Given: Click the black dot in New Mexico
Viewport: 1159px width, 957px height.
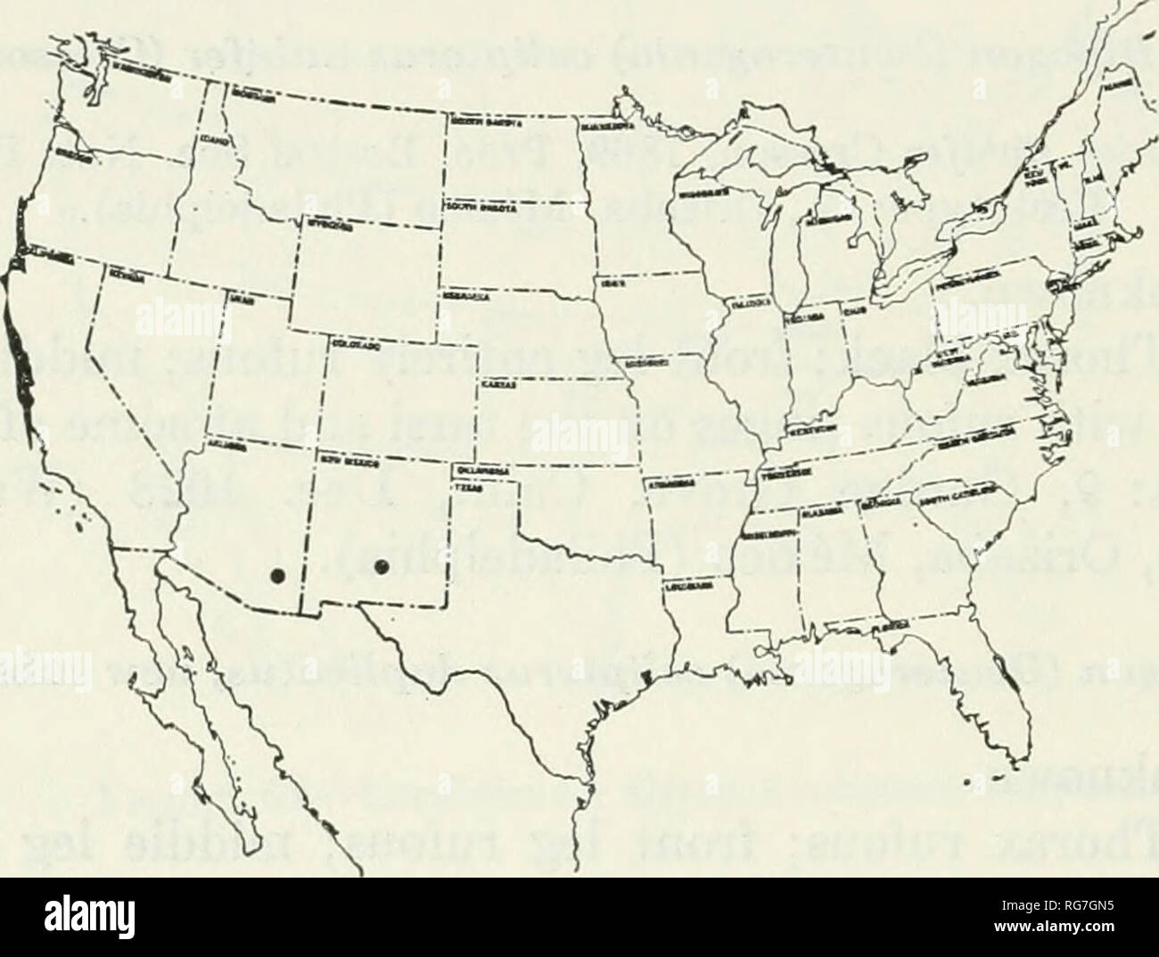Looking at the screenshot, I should (382, 568).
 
